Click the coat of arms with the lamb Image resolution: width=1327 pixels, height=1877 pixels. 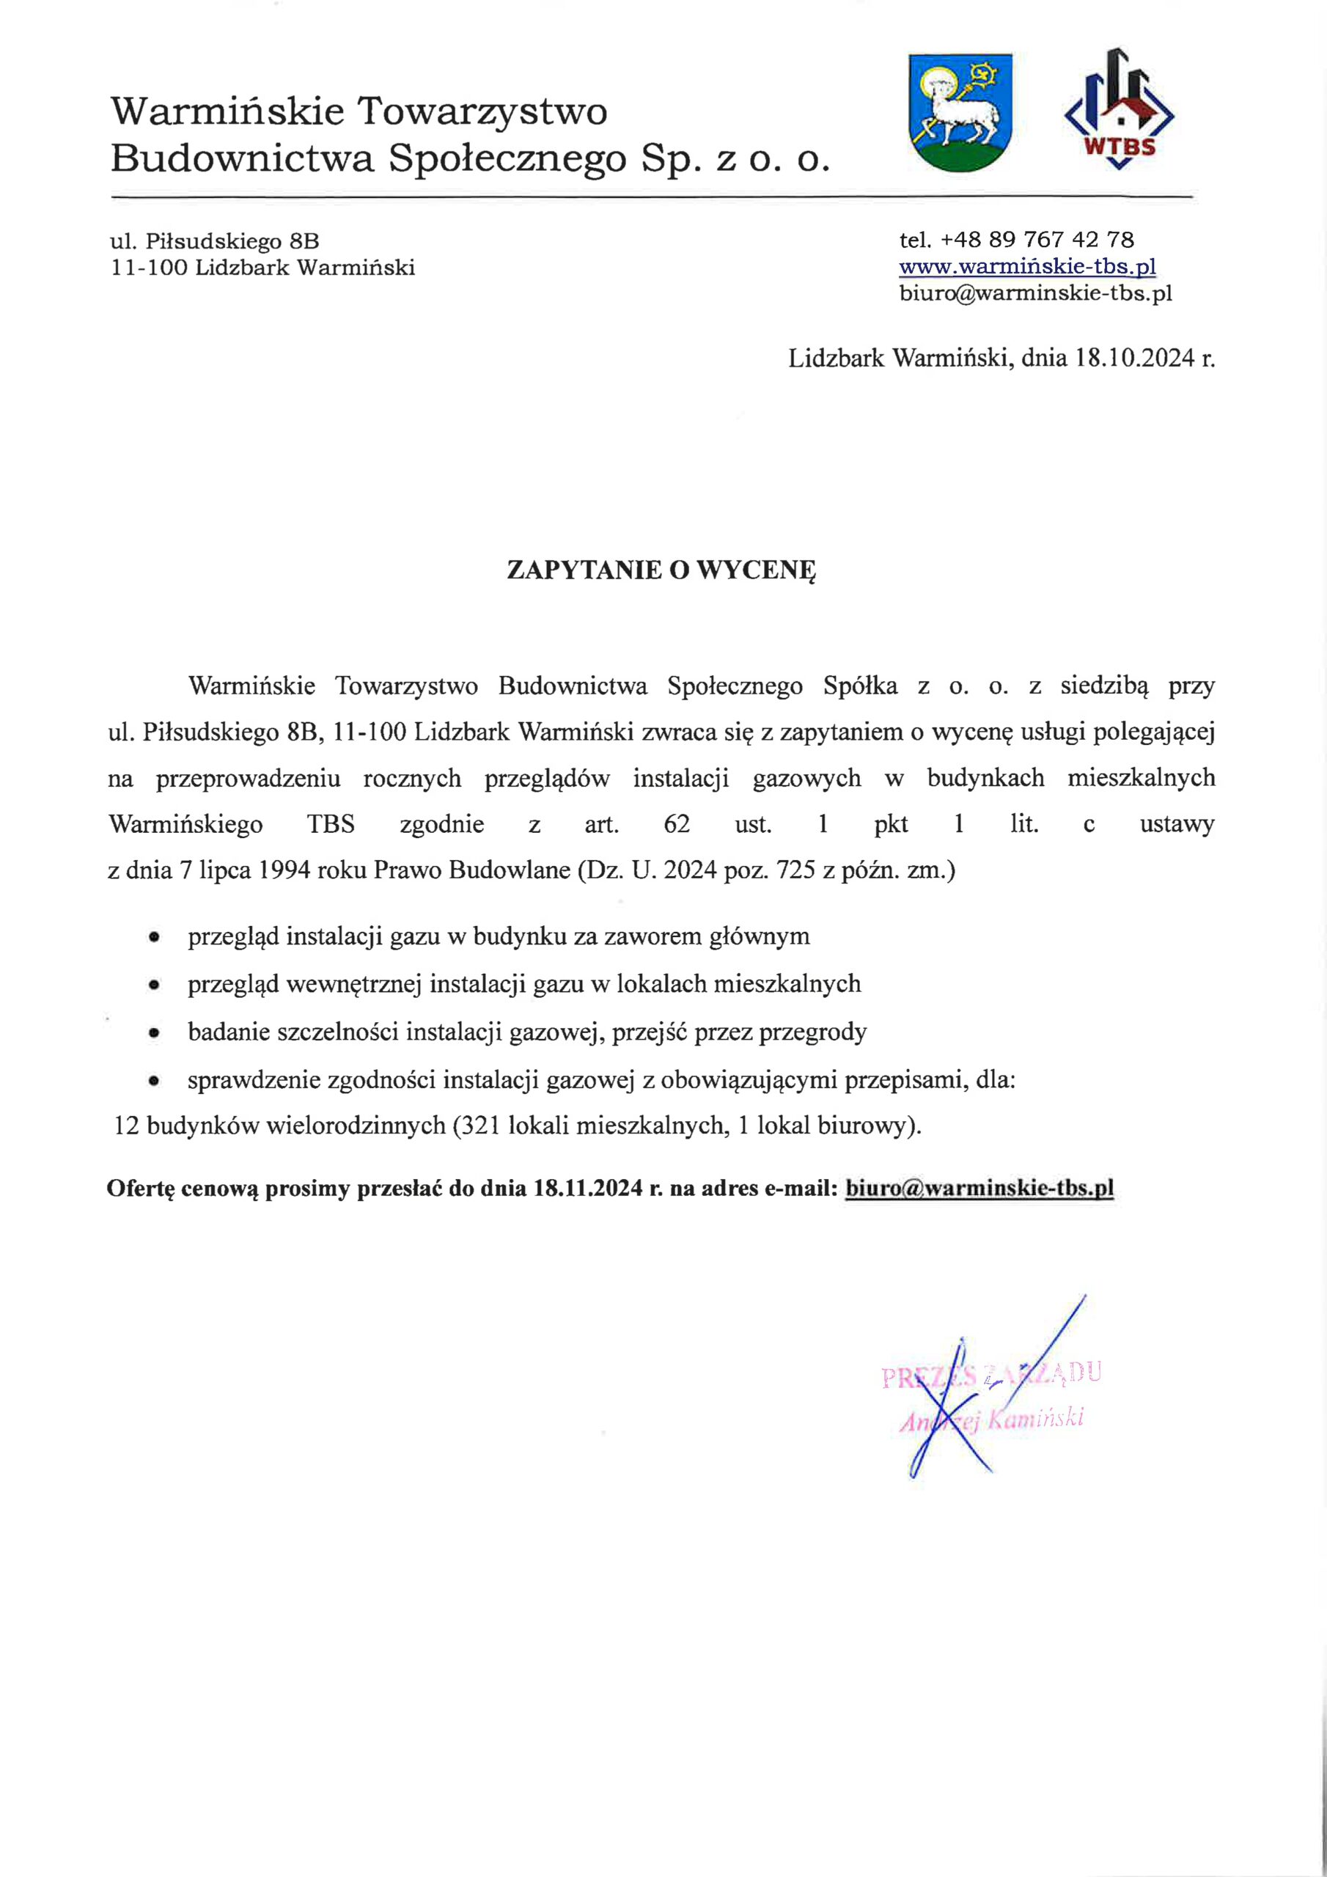coord(960,112)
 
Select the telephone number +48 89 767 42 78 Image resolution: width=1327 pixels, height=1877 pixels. coord(1037,240)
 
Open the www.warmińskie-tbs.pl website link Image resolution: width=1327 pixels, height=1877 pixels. coord(1027,266)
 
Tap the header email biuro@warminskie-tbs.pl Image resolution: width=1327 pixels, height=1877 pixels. coord(1035,293)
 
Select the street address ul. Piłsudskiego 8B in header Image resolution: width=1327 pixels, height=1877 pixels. coord(215,241)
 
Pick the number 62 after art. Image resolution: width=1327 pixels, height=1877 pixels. coord(677,823)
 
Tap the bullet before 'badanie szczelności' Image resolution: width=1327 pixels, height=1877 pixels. coord(153,1033)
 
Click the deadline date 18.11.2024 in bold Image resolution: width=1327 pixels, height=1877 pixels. coord(588,1188)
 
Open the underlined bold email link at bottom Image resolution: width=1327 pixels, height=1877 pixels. coord(979,1188)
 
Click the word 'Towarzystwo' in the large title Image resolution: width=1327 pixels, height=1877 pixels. coord(482,111)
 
